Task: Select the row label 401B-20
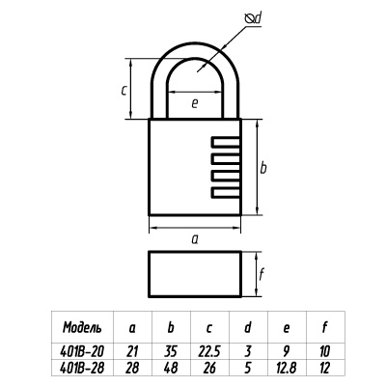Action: pyautogui.click(x=82, y=352)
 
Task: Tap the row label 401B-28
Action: pyautogui.click(x=82, y=367)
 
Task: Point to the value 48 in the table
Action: pyautogui.click(x=172, y=367)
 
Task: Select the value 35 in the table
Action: pyautogui.click(x=172, y=352)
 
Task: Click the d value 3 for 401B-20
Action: pyautogui.click(x=250, y=352)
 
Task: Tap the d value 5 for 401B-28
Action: pyautogui.click(x=250, y=367)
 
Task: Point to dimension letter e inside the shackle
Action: pyautogui.click(x=194, y=101)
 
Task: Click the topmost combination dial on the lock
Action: pyautogui.click(x=225, y=145)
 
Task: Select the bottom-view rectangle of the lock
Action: pyautogui.click(x=194, y=275)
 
